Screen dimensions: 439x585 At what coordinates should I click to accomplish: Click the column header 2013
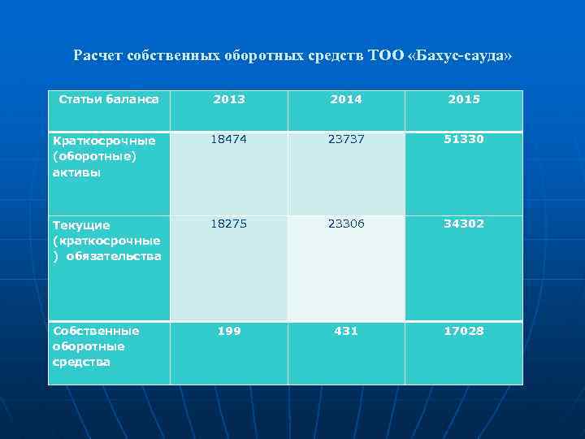coord(228,99)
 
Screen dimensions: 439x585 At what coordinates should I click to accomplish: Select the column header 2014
coord(345,99)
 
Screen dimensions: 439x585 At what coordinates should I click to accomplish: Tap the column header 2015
coord(463,99)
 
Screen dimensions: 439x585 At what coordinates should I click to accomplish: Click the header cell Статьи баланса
coord(109,99)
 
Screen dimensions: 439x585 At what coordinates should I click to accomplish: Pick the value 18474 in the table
coord(228,139)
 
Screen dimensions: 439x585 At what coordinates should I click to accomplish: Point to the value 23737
coord(345,139)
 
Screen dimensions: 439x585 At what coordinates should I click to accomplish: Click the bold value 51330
coord(463,139)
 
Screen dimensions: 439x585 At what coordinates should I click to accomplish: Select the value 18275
coord(228,224)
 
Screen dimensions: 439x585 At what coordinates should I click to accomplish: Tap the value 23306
coord(345,224)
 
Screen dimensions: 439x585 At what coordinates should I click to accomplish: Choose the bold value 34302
coord(463,224)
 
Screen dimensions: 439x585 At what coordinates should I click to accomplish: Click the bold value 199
coord(228,331)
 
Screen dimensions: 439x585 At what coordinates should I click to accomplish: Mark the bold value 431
coord(345,331)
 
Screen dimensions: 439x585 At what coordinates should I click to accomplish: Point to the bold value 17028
coord(463,331)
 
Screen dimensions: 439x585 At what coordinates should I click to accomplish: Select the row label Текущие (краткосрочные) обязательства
coord(106,240)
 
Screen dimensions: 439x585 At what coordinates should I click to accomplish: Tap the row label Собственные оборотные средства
coord(95,346)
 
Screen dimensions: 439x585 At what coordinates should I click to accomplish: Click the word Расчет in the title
coord(95,56)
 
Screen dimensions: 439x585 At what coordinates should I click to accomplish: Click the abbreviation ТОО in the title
coord(383,56)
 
